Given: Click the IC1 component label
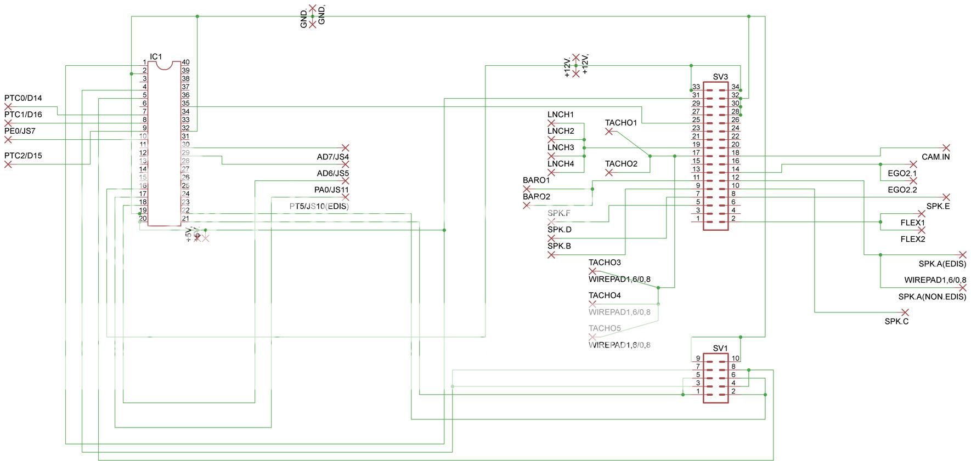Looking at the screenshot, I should tap(156, 57).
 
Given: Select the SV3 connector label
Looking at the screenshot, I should tap(720, 77).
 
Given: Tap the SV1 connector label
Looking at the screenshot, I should tap(720, 348).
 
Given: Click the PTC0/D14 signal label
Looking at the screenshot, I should tap(23, 98).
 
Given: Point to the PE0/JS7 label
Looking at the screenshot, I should tap(20, 131).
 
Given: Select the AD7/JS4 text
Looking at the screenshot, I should tap(332, 157).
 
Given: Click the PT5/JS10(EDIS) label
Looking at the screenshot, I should tap(319, 207).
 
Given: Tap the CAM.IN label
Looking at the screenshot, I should tap(935, 157).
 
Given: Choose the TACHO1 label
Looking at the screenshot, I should tap(621, 123).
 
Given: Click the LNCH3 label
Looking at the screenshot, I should tap(561, 147).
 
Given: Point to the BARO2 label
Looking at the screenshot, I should tap(536, 196).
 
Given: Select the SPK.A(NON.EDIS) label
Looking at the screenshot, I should tap(932, 297).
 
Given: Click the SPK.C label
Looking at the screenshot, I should tap(896, 321).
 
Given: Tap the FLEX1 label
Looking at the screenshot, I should tap(912, 223).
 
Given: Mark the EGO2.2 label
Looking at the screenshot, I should tap(902, 190).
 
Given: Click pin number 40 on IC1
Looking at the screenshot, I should tap(185, 62).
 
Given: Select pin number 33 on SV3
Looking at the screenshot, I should tap(696, 87).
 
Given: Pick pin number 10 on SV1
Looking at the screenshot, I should tap(735, 358).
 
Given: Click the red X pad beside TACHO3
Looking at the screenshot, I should tap(592, 271).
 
